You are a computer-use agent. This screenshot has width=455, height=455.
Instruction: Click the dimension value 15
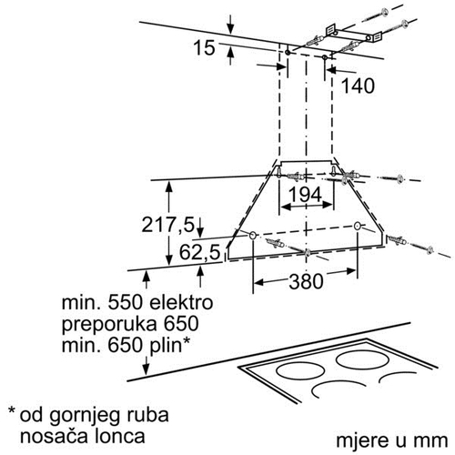point(204,47)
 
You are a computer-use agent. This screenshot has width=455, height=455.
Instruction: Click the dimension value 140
point(358,86)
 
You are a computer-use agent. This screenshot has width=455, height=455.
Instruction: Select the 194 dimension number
point(305,195)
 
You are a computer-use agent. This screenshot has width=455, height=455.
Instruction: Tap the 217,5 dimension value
point(167,225)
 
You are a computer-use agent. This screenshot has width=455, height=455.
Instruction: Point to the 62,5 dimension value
point(199,252)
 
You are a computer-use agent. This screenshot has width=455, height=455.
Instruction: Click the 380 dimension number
point(306,281)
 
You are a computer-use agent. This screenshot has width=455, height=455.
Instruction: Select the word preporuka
point(109,325)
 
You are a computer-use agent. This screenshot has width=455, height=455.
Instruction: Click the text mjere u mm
point(392,440)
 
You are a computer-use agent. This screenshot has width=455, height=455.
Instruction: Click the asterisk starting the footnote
point(12,411)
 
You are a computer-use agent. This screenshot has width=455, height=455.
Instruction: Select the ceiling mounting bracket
point(354,34)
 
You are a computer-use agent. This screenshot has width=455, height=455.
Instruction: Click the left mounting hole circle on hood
point(252,235)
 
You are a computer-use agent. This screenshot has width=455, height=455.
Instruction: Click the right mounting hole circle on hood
point(358,226)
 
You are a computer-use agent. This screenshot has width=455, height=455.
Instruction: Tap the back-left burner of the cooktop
point(299,370)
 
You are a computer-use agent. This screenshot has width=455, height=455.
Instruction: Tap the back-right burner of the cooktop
point(362,359)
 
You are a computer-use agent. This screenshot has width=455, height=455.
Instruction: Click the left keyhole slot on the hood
point(278,171)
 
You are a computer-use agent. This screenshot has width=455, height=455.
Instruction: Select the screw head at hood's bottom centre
point(308,252)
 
